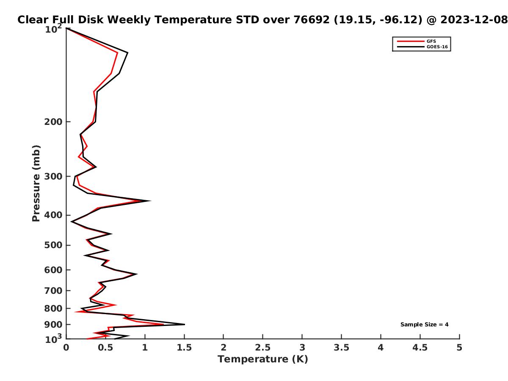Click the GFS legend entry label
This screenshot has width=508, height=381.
(431, 41)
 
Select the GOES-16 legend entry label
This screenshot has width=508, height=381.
(437, 47)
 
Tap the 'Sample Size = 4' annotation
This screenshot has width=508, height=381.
(424, 324)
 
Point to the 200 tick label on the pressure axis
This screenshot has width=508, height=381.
(53, 121)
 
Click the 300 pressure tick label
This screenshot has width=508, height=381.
(53, 176)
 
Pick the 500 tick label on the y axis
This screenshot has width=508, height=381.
(53, 245)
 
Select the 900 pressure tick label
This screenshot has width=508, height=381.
(53, 325)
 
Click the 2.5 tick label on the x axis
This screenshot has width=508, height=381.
(262, 348)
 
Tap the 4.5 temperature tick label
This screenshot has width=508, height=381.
(420, 348)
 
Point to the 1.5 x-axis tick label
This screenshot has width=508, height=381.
(184, 348)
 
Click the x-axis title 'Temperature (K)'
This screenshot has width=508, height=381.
(262, 359)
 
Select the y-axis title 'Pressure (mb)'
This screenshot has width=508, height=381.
(36, 183)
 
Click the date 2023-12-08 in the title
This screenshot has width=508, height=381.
(474, 19)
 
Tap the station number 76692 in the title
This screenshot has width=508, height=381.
(311, 19)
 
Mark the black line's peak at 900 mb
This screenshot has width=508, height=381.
(185, 324)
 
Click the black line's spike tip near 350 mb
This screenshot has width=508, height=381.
(150, 201)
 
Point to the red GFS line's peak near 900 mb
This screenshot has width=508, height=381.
(163, 324)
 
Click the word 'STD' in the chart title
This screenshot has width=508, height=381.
(247, 19)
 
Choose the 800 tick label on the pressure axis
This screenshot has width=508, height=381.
(53, 308)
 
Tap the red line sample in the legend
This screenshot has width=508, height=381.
(411, 41)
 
